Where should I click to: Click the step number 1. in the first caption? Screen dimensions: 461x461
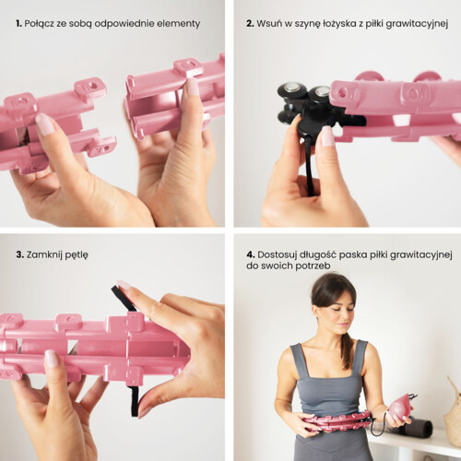point(18,23)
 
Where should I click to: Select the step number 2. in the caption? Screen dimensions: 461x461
point(250,23)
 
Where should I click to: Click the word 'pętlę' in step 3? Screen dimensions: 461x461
point(77,255)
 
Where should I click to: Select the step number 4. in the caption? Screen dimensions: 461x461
point(251,254)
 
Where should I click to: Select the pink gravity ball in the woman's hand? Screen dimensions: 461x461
point(398,408)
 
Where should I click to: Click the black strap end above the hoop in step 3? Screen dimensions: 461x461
point(123,297)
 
